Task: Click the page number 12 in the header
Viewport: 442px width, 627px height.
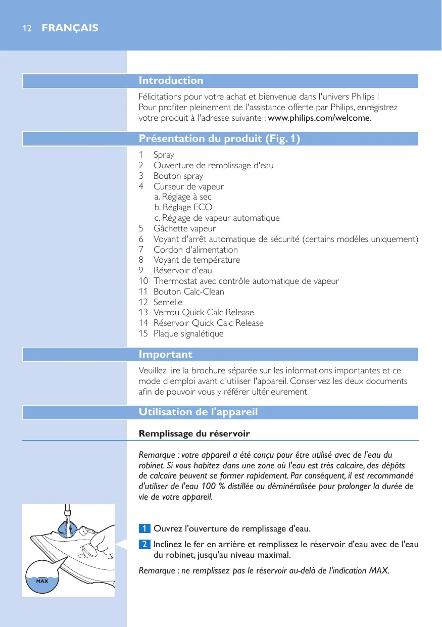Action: click(x=27, y=28)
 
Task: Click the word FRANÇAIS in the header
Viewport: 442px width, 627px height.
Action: click(x=70, y=28)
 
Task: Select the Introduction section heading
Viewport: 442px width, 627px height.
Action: click(x=171, y=81)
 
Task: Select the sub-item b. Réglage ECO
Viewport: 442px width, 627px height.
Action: click(x=183, y=207)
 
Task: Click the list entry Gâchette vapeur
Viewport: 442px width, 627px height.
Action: click(x=184, y=228)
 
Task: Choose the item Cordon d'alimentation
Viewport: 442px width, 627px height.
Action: click(x=195, y=250)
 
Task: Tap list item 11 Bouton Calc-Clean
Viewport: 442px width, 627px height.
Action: click(x=188, y=292)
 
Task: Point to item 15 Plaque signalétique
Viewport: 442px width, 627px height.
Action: click(x=188, y=333)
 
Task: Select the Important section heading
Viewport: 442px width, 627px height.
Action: click(x=165, y=355)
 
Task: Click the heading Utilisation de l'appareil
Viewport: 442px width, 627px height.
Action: click(x=198, y=412)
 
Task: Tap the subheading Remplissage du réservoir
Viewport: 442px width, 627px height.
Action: click(x=194, y=434)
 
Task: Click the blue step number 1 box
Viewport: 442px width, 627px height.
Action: click(x=144, y=529)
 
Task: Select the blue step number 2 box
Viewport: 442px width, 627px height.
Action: click(x=144, y=545)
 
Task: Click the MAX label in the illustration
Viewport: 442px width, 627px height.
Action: click(x=41, y=582)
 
